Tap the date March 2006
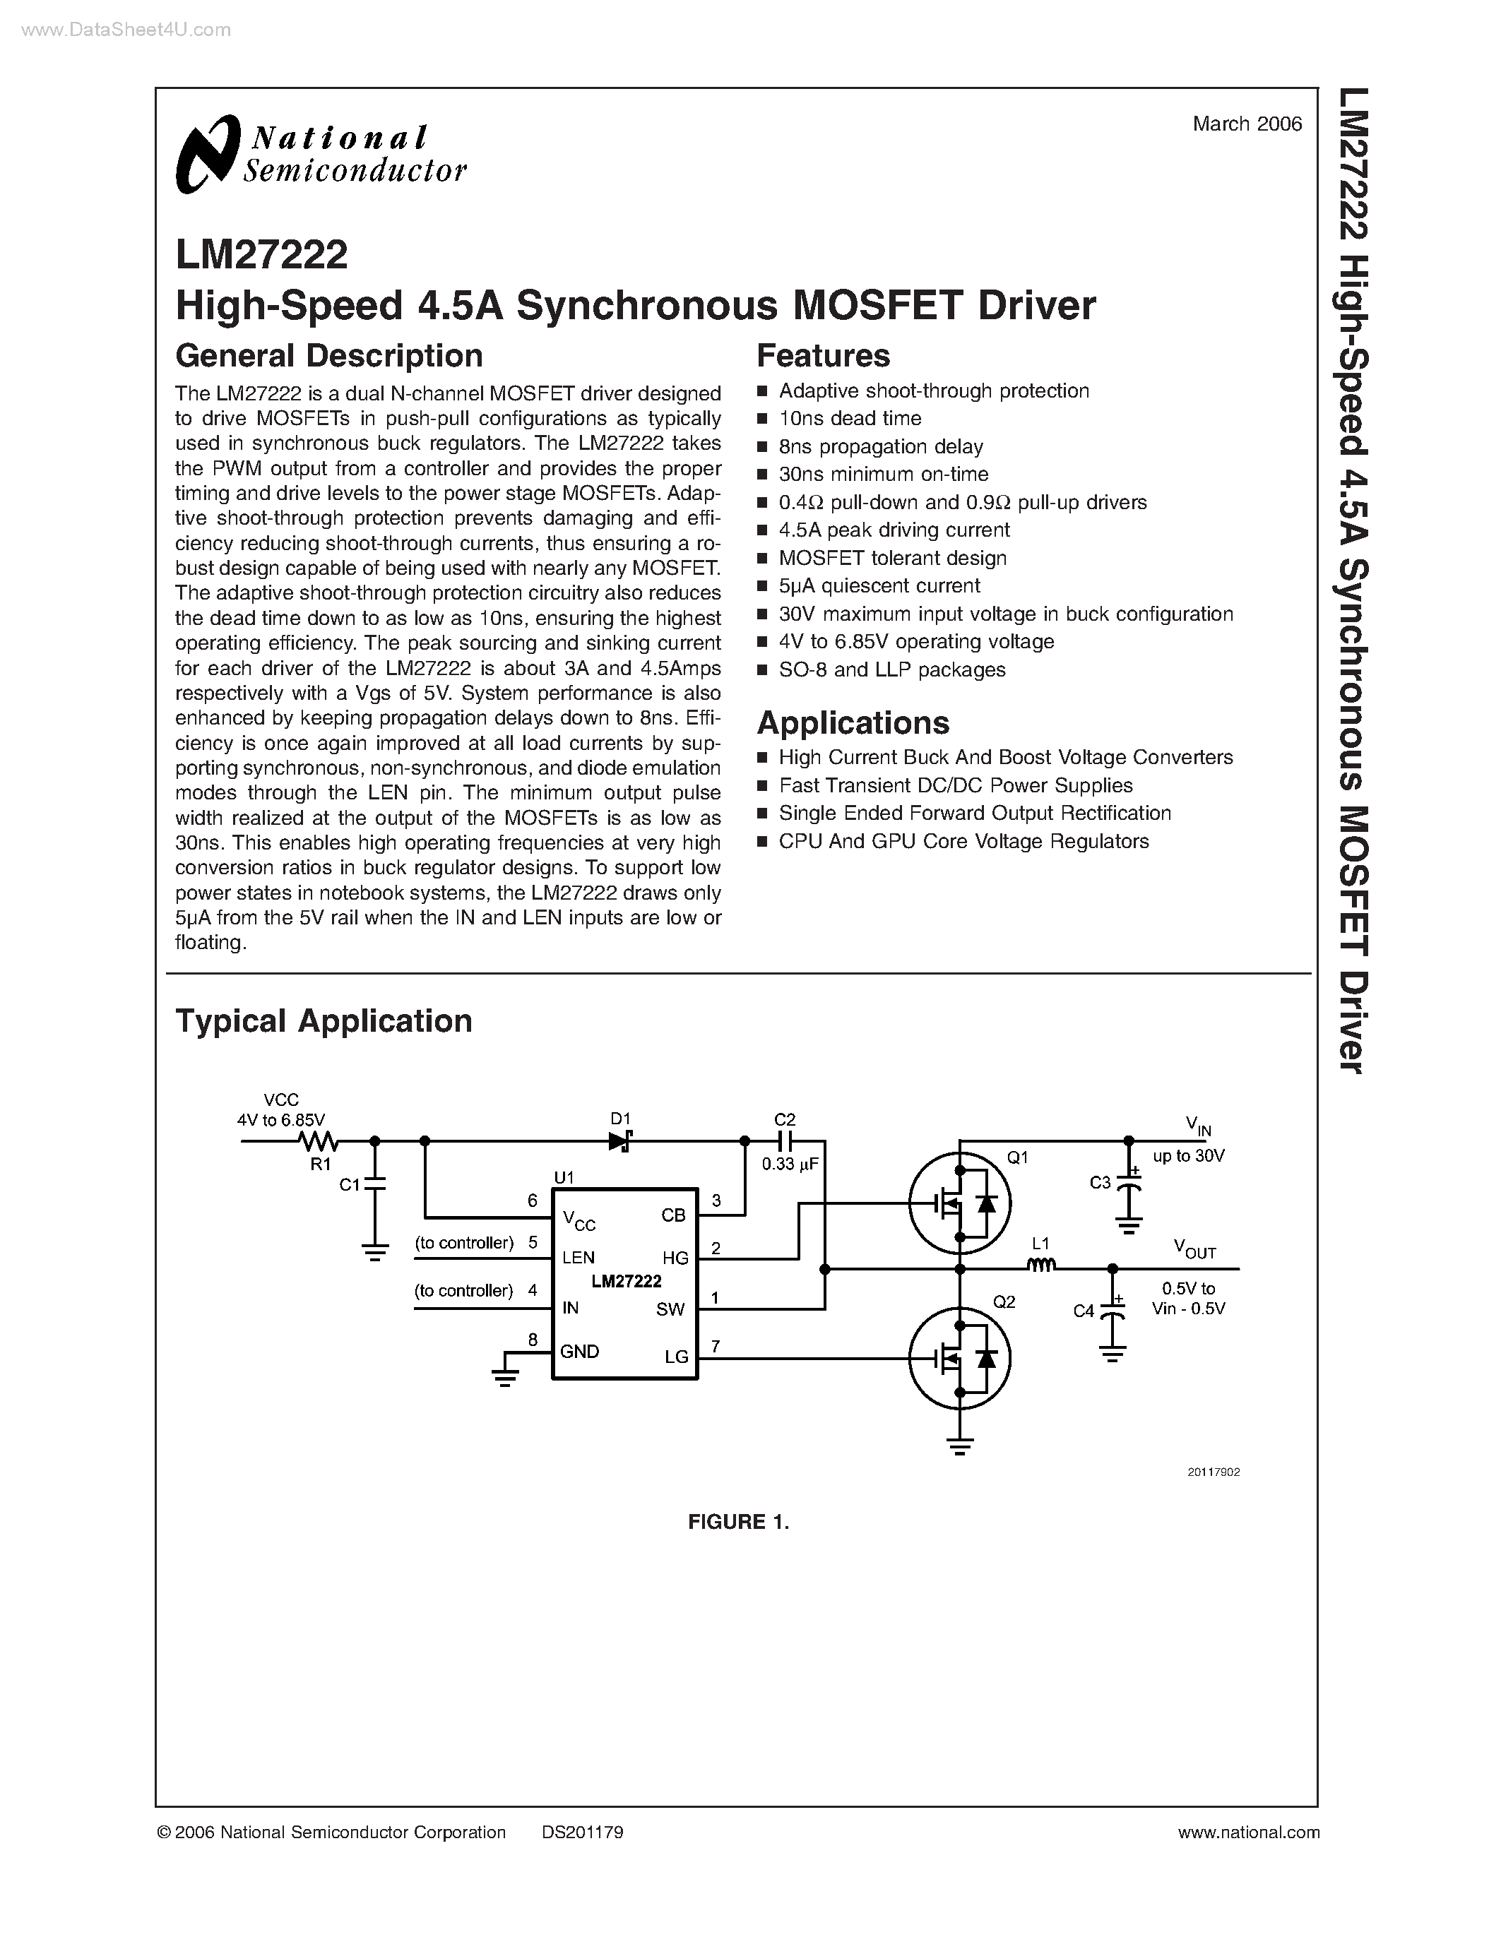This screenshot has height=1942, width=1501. tap(1247, 124)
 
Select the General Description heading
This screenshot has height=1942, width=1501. tap(329, 356)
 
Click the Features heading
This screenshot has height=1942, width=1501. tap(822, 356)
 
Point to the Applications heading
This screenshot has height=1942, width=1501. tap(853, 723)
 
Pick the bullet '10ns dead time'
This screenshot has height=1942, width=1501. tap(849, 419)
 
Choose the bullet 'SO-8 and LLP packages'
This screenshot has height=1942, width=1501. tap(892, 669)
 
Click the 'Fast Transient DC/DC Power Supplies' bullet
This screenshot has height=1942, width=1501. tap(955, 785)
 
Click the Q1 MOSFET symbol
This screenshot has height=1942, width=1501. tap(959, 1204)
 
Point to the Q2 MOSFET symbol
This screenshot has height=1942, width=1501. tap(959, 1358)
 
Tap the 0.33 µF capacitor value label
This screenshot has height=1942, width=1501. tap(790, 1164)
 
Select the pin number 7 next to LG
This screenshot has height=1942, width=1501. tap(715, 1346)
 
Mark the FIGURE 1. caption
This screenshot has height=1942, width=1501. tap(738, 1521)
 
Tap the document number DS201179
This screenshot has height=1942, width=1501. tap(583, 1832)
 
